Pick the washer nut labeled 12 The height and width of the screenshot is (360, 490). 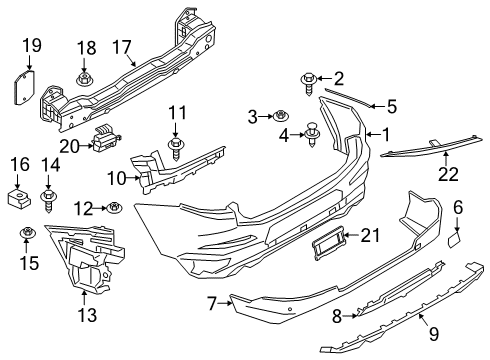pos(115,208)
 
